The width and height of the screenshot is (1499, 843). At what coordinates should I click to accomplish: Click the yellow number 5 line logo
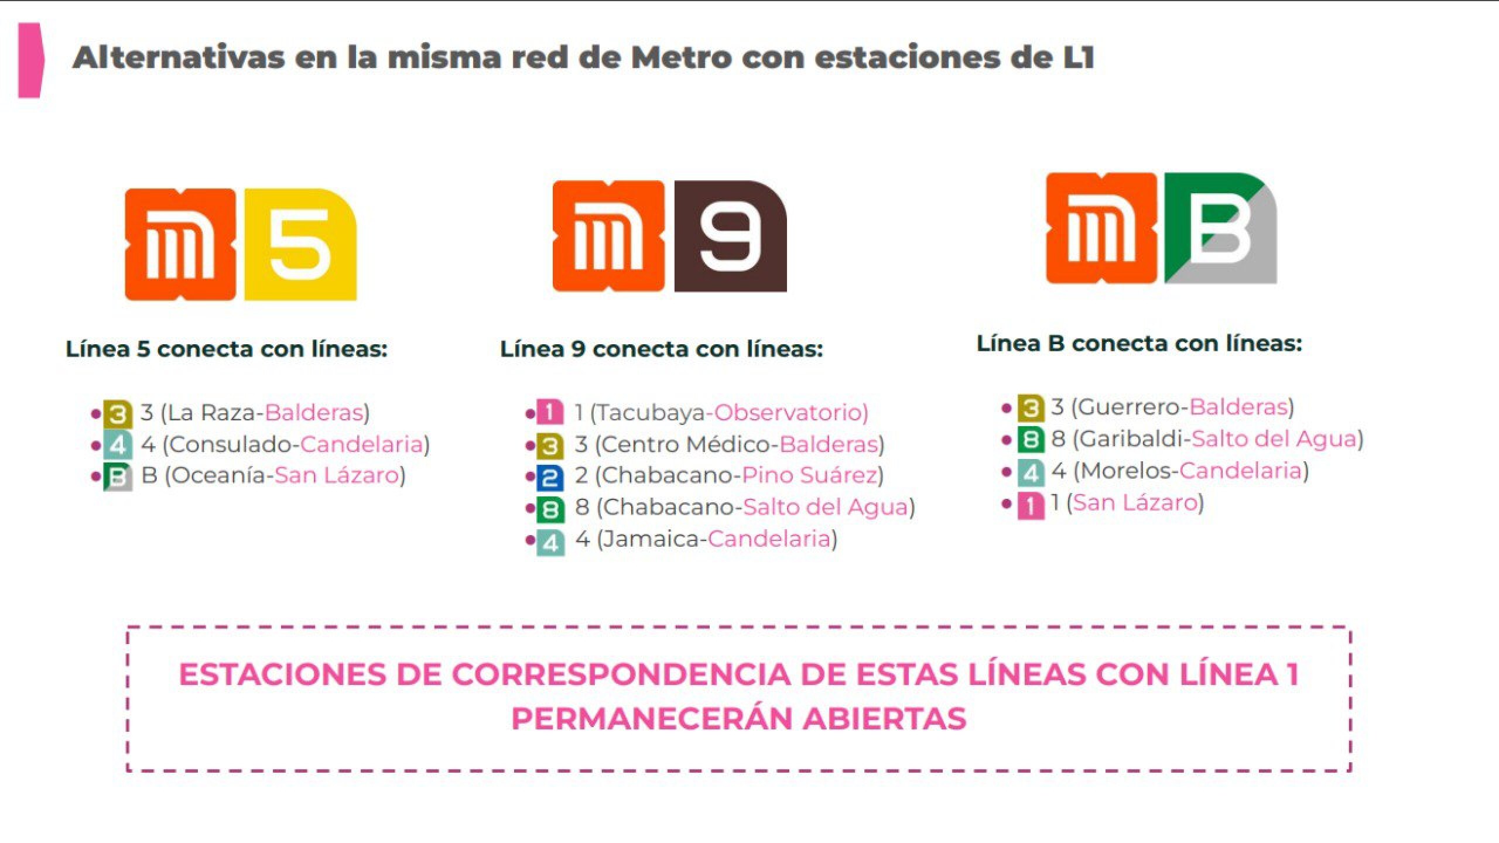(300, 245)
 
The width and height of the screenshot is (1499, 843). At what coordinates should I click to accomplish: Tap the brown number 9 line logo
(730, 237)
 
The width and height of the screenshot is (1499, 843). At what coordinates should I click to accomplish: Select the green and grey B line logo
(1220, 228)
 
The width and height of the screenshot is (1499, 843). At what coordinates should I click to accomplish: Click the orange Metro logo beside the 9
(608, 237)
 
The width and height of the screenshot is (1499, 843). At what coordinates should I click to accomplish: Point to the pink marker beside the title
(30, 60)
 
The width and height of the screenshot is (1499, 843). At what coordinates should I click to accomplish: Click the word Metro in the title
(682, 58)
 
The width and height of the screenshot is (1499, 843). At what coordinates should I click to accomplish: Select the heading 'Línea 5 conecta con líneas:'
(227, 349)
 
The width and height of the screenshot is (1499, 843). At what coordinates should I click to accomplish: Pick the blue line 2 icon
(550, 478)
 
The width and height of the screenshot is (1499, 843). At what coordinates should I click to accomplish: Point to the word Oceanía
(219, 475)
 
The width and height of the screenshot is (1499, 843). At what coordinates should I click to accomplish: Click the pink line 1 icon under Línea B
(1031, 505)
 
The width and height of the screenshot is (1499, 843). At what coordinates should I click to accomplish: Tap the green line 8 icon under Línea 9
(550, 509)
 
